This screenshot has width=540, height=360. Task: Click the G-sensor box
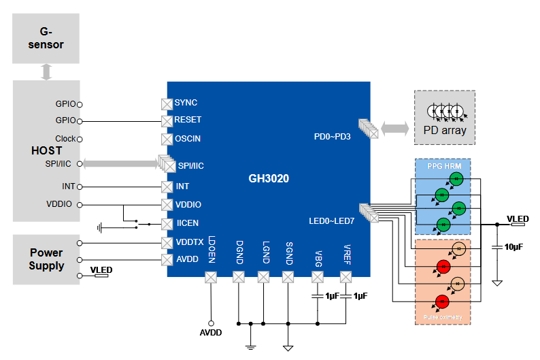click(46, 39)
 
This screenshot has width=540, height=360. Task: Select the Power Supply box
click(46, 259)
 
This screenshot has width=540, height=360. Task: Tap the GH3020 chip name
click(269, 179)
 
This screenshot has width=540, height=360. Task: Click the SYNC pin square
click(167, 103)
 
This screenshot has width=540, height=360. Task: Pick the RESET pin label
click(188, 120)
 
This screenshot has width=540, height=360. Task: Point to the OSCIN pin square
click(167, 140)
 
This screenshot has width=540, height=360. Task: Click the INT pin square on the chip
click(167, 186)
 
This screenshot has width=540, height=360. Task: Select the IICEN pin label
click(188, 223)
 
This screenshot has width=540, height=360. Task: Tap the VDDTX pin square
click(167, 242)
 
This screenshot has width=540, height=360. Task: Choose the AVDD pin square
click(167, 260)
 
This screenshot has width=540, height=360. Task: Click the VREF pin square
click(345, 277)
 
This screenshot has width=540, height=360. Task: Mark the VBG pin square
click(318, 277)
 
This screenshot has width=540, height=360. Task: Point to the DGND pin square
click(239, 277)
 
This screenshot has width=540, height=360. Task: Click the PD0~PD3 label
click(332, 136)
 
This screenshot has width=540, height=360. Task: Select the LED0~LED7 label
click(331, 220)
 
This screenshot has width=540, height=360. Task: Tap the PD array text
click(445, 130)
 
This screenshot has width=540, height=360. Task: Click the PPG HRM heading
click(443, 166)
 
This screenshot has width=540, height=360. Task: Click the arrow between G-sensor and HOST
click(46, 71)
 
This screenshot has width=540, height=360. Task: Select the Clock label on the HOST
click(65, 139)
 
